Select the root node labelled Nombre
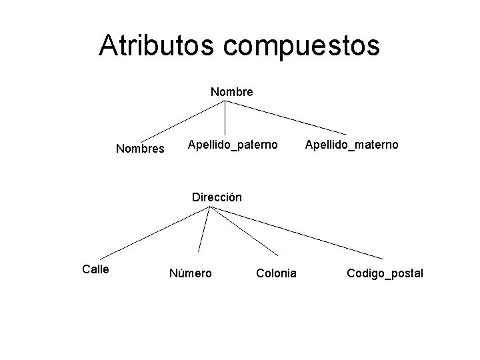click(x=231, y=92)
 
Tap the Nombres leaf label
click(x=140, y=149)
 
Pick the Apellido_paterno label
click(x=233, y=144)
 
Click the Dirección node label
click(x=217, y=197)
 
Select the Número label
click(x=191, y=273)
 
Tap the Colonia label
click(x=276, y=273)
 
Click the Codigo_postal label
click(x=385, y=273)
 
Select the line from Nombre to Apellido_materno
click(x=285, y=118)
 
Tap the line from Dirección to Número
click(x=203, y=230)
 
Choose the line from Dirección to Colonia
click(x=244, y=231)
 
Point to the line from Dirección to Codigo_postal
click(x=297, y=233)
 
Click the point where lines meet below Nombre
click(x=225, y=101)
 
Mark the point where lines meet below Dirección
click(x=209, y=207)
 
